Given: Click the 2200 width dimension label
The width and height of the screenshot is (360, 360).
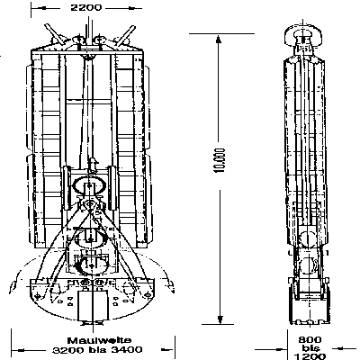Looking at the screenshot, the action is coord(86,7).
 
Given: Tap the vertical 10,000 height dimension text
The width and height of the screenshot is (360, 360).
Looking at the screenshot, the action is coord(220,160).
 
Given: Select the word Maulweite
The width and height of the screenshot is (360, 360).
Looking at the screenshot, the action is coord(99,340).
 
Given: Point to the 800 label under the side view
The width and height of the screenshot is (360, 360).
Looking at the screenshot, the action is coord(310,339).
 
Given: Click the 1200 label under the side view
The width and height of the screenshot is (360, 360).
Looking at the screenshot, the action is coord(310,356).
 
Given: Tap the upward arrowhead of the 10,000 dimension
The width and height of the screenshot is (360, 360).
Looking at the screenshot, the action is coord(219,40).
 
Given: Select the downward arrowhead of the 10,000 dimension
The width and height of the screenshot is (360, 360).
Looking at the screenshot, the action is coord(220,319).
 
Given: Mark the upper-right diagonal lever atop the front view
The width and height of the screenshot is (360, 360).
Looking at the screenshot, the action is coord(125,35).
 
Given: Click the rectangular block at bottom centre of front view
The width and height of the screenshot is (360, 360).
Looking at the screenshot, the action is coord(93,305).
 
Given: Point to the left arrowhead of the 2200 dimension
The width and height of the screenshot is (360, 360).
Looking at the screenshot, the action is coord(44,8).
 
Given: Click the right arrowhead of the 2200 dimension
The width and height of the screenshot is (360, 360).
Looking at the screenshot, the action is coord(130,8).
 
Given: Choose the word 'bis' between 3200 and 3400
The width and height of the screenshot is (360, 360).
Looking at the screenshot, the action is coord(97,350).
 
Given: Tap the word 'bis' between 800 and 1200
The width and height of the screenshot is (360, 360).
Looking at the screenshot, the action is coord(310,348).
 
